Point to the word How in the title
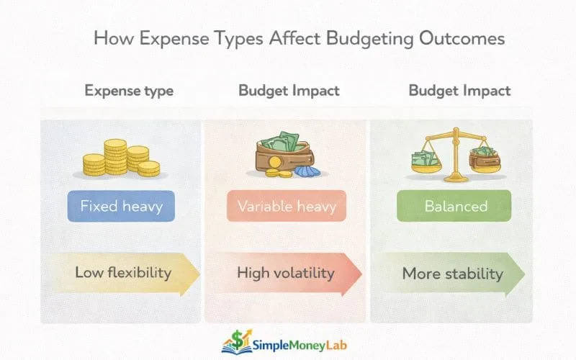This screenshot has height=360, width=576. click(112, 38)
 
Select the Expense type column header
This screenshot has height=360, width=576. click(129, 91)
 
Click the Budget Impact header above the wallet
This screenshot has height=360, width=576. click(289, 91)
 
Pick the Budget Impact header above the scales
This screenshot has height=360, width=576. click(459, 91)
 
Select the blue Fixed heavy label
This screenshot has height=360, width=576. click(121, 206)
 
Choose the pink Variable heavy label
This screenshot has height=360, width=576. click(287, 206)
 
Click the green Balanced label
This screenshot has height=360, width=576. click(456, 206)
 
